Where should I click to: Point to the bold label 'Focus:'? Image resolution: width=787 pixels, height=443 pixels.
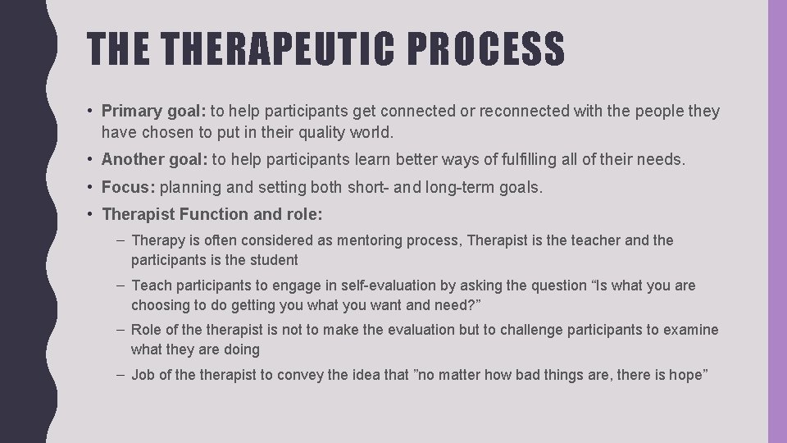[x=129, y=187]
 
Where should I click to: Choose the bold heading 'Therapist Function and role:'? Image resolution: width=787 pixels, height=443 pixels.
[x=212, y=214]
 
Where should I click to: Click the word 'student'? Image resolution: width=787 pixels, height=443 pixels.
[x=275, y=260]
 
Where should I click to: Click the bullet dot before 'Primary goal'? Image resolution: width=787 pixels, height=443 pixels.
[x=93, y=111]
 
